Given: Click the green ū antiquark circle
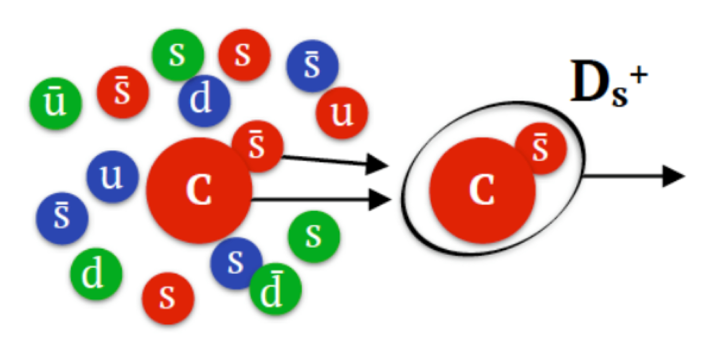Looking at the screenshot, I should tap(56, 103).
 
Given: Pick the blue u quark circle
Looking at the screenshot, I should tap(112, 176).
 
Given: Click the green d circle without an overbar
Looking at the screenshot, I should tap(97, 274).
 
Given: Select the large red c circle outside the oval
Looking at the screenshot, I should tap(199, 190).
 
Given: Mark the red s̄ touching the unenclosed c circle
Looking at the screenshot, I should tap(257, 146).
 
